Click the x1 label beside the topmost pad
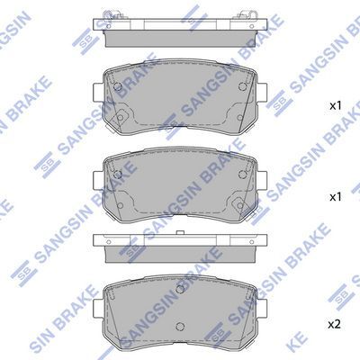(335, 106)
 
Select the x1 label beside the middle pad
(335, 196)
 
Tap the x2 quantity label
(335, 322)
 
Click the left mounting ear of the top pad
(98, 91)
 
